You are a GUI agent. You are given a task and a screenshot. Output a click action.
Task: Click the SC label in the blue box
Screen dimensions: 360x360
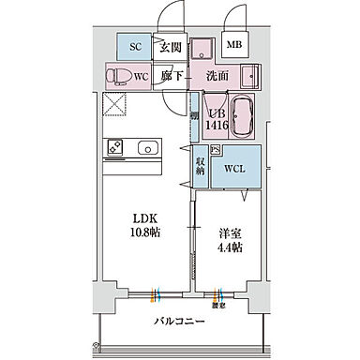point(135,45)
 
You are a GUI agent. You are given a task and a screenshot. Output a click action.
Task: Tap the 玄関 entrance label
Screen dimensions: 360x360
point(169,45)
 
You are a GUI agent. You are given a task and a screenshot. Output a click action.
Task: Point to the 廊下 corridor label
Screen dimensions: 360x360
point(169,74)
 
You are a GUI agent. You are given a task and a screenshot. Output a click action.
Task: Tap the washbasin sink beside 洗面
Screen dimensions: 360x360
point(249,74)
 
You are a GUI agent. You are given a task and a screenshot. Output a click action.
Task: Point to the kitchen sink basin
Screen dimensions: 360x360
point(148,146)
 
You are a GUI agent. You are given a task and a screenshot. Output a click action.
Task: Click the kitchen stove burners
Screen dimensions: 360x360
point(116,146)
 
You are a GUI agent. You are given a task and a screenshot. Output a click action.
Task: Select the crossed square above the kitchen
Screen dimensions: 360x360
point(116,105)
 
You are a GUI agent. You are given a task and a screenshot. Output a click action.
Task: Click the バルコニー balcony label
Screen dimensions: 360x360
point(180,322)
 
